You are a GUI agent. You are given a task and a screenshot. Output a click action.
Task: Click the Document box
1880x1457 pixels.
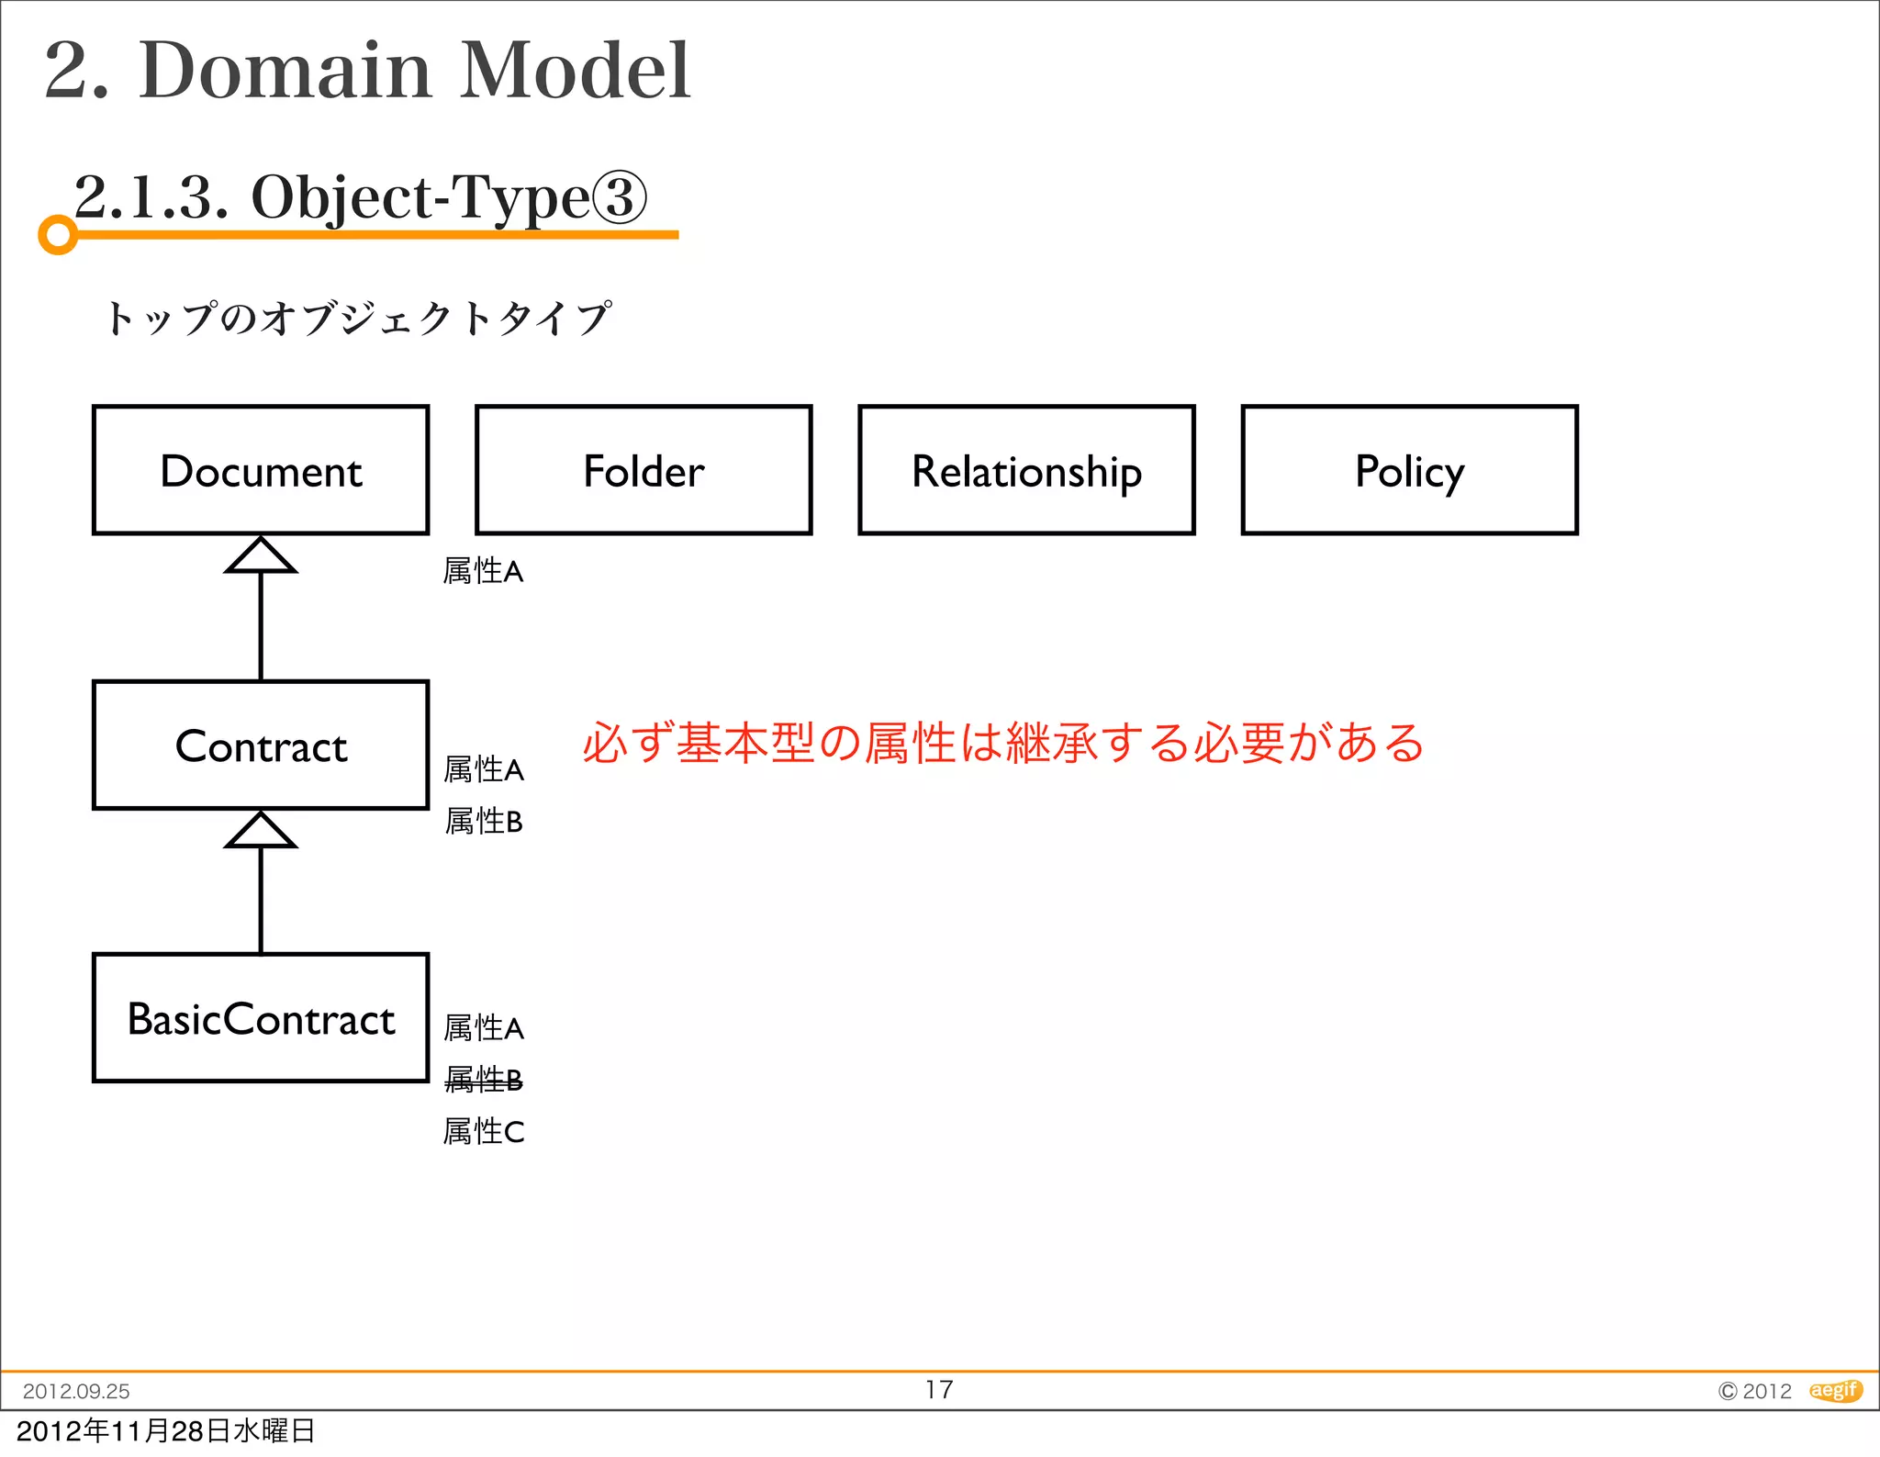261,470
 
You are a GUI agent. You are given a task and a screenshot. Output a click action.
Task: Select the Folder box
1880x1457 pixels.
643,470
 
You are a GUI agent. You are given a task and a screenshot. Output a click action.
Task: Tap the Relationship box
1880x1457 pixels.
1026,470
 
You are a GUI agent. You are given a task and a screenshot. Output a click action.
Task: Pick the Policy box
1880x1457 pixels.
1409,470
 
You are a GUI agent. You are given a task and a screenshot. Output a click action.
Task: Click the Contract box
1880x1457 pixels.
261,745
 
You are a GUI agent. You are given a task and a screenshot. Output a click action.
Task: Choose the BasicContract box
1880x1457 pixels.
261,1018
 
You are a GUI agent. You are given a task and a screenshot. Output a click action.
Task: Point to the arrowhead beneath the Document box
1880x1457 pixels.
261,556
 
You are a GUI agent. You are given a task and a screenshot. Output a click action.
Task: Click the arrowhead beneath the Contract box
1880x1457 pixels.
261,831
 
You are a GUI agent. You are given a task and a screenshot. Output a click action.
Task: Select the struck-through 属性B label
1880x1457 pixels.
484,1080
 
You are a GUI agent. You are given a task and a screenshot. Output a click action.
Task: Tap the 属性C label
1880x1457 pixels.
484,1131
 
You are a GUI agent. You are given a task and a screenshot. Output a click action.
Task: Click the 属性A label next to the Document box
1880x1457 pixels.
483,571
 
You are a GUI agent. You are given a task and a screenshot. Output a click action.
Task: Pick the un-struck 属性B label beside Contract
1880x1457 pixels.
484,821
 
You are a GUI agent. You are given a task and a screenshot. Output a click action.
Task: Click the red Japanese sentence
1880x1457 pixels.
1002,742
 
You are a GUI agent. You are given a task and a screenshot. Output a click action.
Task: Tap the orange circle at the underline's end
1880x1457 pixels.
58,235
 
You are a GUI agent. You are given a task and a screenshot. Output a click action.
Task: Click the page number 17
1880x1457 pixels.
939,1389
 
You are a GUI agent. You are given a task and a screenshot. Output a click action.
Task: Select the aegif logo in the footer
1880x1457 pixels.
1835,1390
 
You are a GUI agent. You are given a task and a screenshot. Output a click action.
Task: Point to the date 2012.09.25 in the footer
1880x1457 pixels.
76,1391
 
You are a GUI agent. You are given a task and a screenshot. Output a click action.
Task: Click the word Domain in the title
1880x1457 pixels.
285,71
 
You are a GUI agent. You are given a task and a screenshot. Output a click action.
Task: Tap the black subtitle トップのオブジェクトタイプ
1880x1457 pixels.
357,319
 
